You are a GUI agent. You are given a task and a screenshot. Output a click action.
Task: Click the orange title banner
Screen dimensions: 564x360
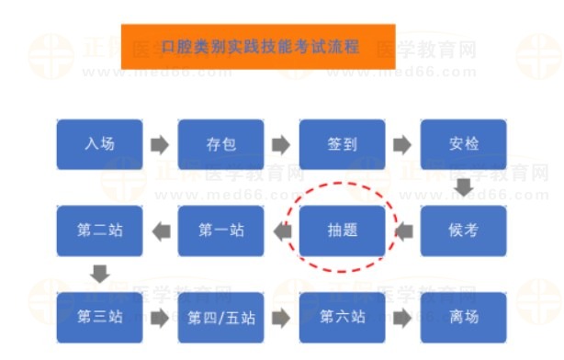tap(258, 46)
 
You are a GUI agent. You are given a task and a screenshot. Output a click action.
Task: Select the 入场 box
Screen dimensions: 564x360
tap(99, 144)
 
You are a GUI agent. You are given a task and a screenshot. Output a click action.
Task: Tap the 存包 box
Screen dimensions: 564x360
tap(220, 144)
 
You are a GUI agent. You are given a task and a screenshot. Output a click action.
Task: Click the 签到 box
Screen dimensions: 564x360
tap(342, 144)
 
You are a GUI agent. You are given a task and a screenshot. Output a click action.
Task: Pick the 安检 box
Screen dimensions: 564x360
tap(464, 144)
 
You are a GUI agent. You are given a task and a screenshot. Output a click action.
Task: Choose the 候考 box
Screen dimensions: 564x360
tap(464, 231)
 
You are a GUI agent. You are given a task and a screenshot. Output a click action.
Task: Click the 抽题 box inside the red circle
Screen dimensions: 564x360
tap(342, 231)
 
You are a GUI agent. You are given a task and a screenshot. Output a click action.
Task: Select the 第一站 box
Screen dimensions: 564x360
tap(220, 231)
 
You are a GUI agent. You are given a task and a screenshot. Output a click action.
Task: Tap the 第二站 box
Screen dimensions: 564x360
tap(99, 231)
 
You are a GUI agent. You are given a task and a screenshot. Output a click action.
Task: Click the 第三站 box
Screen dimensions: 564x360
tap(99, 317)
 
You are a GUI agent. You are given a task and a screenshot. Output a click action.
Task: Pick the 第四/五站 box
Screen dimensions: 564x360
tap(220, 317)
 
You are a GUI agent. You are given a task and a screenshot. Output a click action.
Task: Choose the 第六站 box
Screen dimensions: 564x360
tap(342, 317)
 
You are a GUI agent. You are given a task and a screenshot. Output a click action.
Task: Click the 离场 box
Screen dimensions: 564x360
tap(464, 317)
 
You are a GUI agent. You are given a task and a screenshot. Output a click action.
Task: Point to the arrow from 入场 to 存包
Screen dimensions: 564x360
tap(160, 144)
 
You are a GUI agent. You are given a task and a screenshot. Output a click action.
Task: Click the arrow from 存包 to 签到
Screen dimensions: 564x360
tap(281, 144)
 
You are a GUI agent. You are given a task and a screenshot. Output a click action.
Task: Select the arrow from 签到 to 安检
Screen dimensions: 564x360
tap(402, 144)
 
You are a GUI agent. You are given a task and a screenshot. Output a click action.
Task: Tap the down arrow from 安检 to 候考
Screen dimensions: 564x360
tap(465, 187)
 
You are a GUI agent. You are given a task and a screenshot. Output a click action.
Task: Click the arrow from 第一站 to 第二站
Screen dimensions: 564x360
tap(160, 231)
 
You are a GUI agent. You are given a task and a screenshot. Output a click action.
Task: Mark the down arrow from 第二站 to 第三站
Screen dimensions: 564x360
tap(100, 274)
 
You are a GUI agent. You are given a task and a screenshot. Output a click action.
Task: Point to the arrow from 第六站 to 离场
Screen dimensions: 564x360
tap(402, 318)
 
